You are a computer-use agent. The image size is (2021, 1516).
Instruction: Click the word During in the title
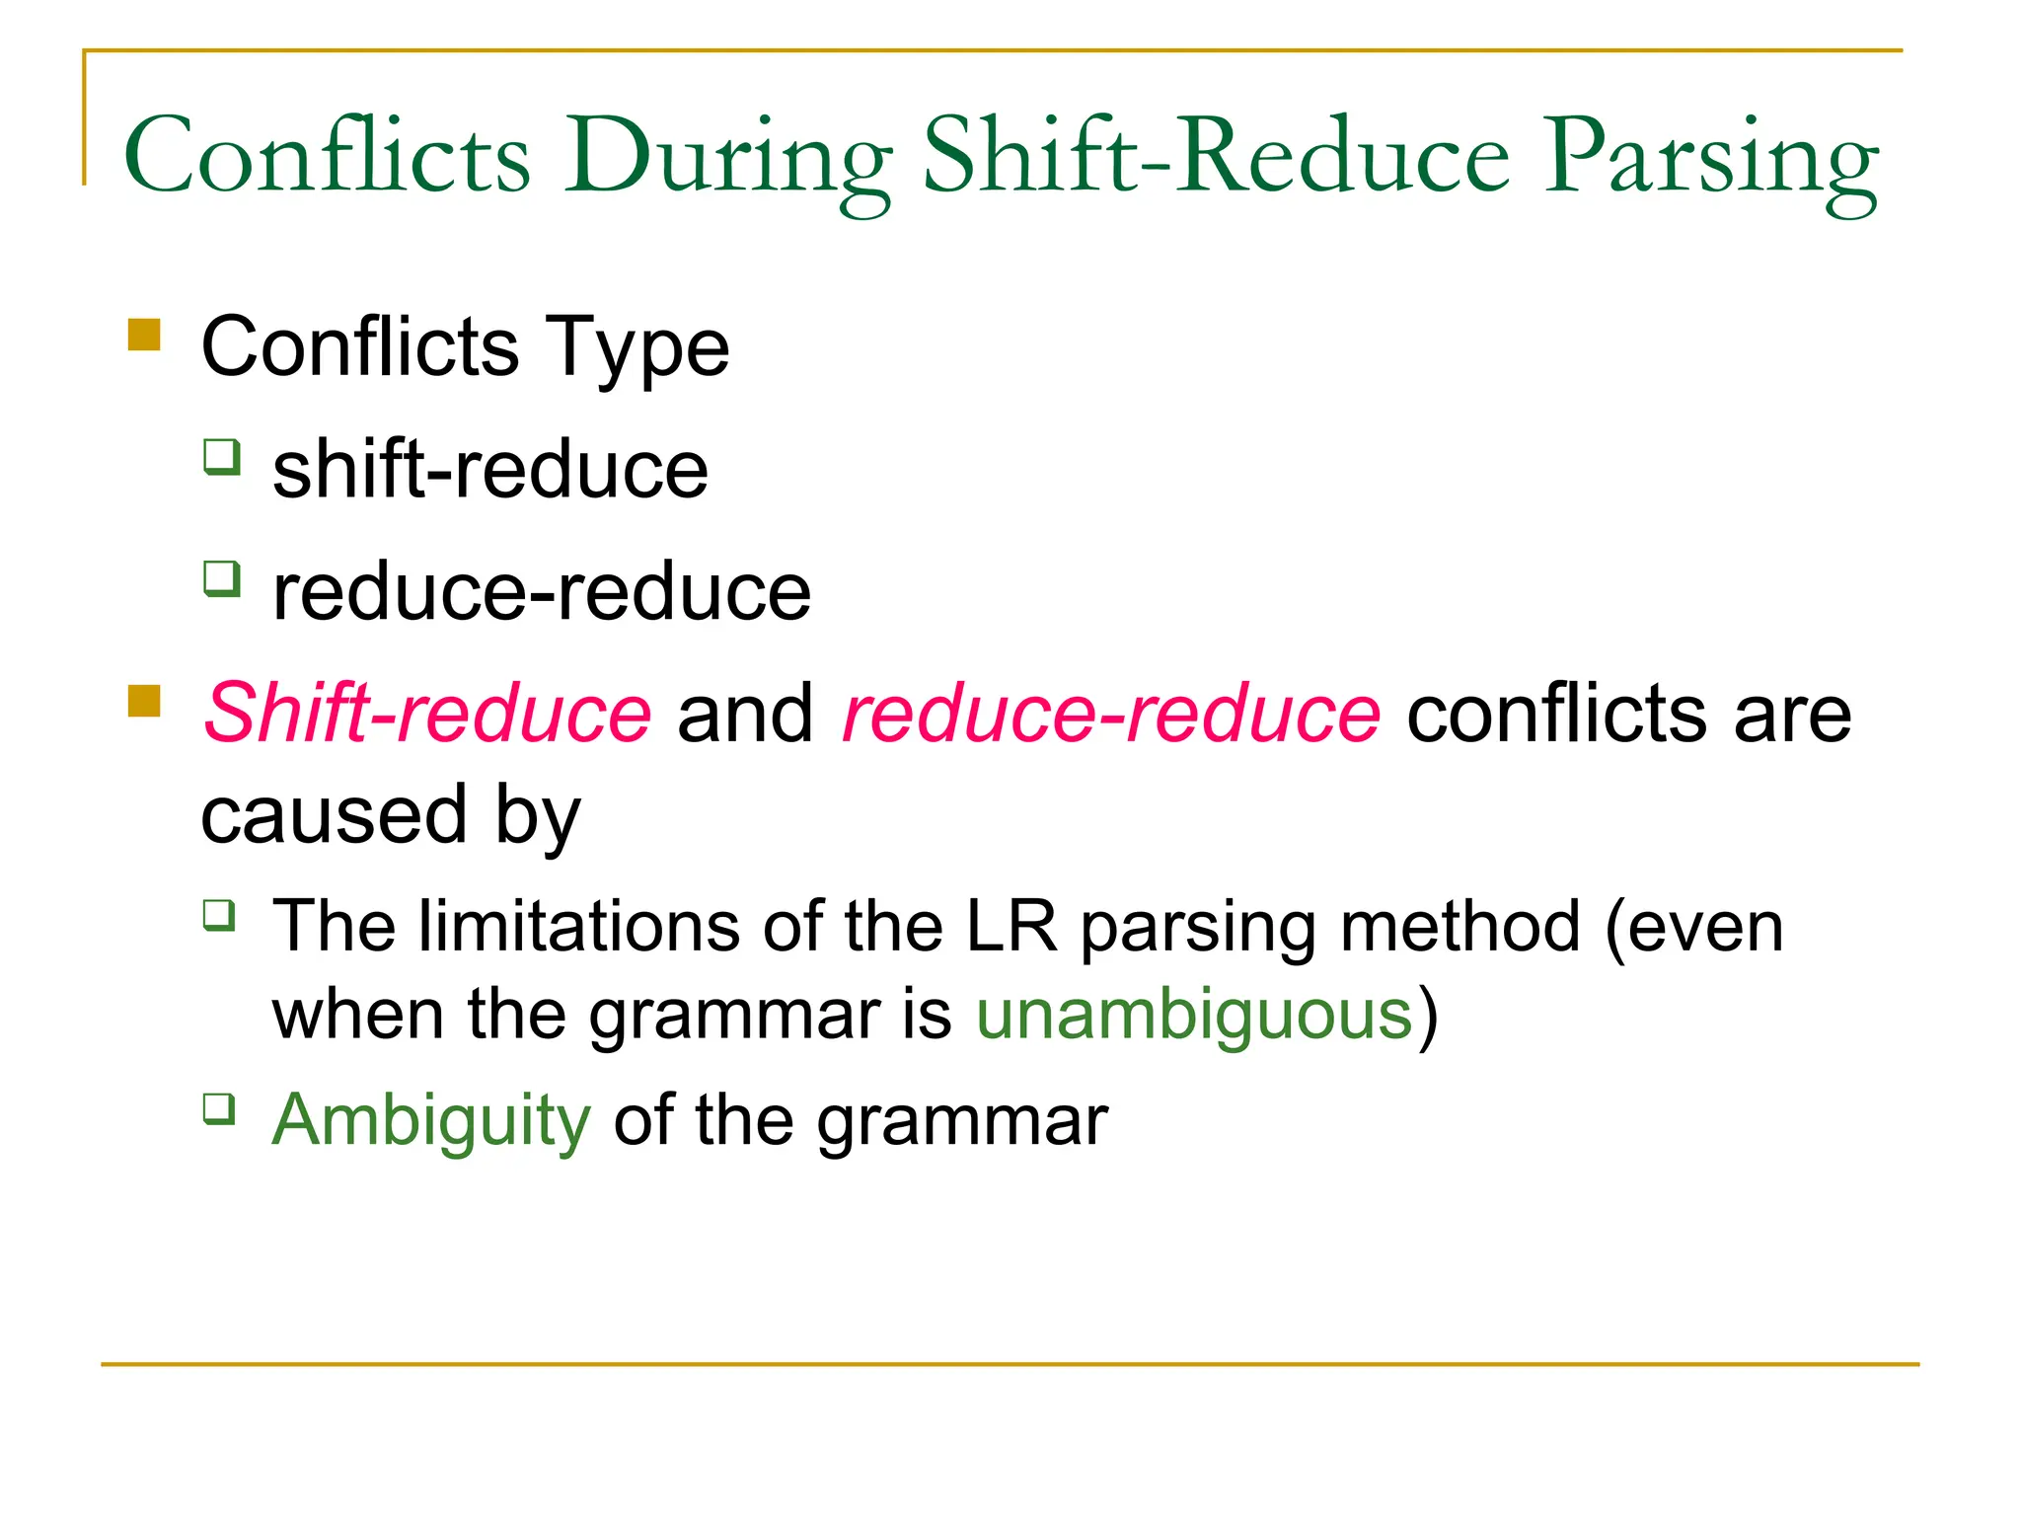(727, 158)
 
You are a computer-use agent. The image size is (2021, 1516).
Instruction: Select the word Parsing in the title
(1710, 158)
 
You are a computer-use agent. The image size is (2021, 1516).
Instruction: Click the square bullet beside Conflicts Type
(144, 335)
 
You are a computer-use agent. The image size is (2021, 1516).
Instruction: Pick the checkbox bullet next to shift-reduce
(222, 457)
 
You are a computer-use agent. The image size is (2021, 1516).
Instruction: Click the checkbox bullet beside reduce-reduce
(222, 578)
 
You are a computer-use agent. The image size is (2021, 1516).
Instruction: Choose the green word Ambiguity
(431, 1120)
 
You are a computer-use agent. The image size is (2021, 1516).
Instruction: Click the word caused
(334, 815)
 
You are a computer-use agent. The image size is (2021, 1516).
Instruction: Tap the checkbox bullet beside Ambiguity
(219, 1108)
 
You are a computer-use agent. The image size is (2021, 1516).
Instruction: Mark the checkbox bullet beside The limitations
(219, 915)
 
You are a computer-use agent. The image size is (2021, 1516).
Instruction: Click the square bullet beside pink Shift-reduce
(144, 701)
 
